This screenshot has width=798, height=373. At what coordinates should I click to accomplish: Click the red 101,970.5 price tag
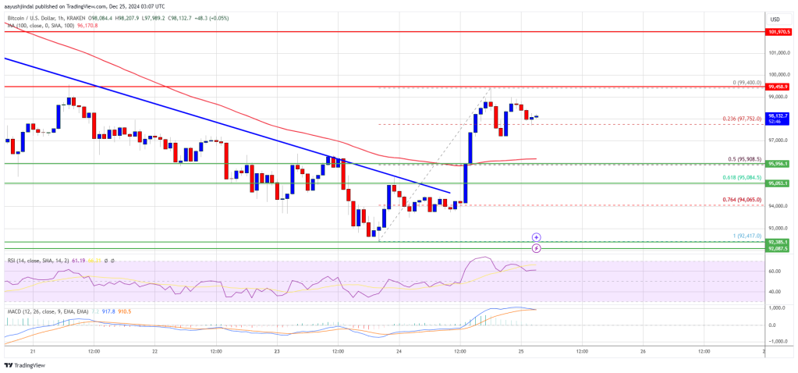779,32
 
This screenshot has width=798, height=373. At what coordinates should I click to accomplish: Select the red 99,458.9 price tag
779,87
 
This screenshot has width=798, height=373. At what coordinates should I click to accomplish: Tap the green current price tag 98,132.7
779,115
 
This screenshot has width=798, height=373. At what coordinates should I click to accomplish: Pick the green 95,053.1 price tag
779,183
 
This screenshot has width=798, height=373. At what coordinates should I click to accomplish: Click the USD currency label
775,19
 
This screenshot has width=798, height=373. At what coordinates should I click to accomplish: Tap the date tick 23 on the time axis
276,351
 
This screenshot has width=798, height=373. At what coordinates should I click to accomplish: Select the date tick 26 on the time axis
643,351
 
